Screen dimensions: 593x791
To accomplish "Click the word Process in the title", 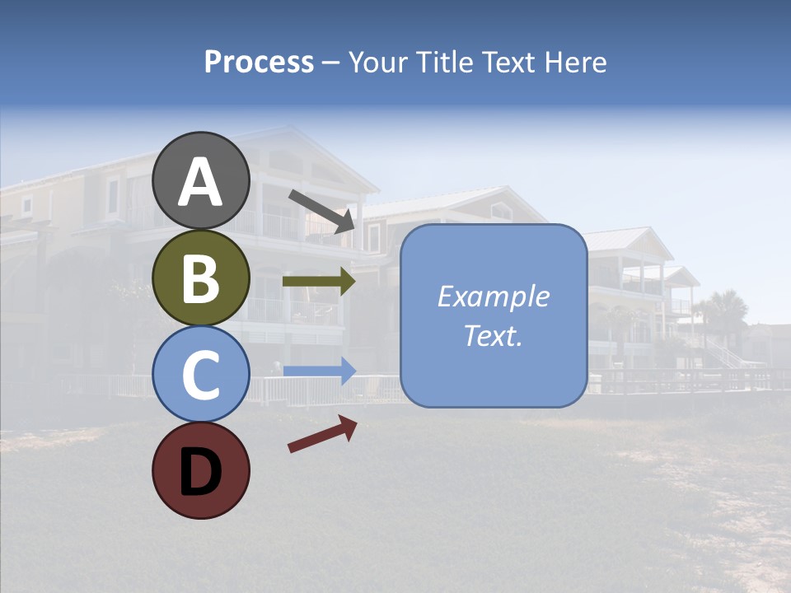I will coord(259,63).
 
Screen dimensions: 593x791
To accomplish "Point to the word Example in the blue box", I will coord(494,296).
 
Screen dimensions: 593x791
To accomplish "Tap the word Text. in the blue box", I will coord(494,336).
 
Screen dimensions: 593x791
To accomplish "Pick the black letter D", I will coord(201,472).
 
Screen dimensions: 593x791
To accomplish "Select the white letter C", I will coord(201,375).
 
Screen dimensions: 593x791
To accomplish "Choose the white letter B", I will coord(201,278).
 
